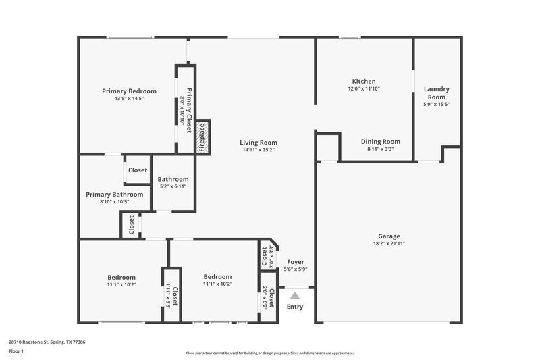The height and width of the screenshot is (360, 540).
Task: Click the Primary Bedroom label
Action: point(129,91)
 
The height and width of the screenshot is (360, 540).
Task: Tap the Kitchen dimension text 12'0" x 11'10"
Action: point(364,88)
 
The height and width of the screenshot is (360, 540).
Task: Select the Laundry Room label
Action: point(436,93)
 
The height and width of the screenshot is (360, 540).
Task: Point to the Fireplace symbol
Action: point(202,136)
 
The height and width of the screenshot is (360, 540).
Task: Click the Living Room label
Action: point(259,143)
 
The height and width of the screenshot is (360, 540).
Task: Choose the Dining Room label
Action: point(381,142)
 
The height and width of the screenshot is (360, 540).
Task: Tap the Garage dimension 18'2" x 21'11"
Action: point(389,243)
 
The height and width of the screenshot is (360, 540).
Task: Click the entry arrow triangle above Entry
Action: point(295,294)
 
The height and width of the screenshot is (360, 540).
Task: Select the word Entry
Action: point(295,307)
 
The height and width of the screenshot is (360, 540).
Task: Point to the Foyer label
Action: point(296,261)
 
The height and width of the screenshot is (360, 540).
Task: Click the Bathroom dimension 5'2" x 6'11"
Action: point(172,186)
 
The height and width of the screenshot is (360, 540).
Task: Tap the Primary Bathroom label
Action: point(114,194)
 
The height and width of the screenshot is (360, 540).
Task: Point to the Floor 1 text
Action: point(16,351)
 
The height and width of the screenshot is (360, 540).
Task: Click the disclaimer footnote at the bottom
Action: point(269,353)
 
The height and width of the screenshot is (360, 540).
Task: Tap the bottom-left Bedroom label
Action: point(122,277)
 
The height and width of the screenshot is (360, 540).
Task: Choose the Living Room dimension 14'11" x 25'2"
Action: point(259,150)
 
